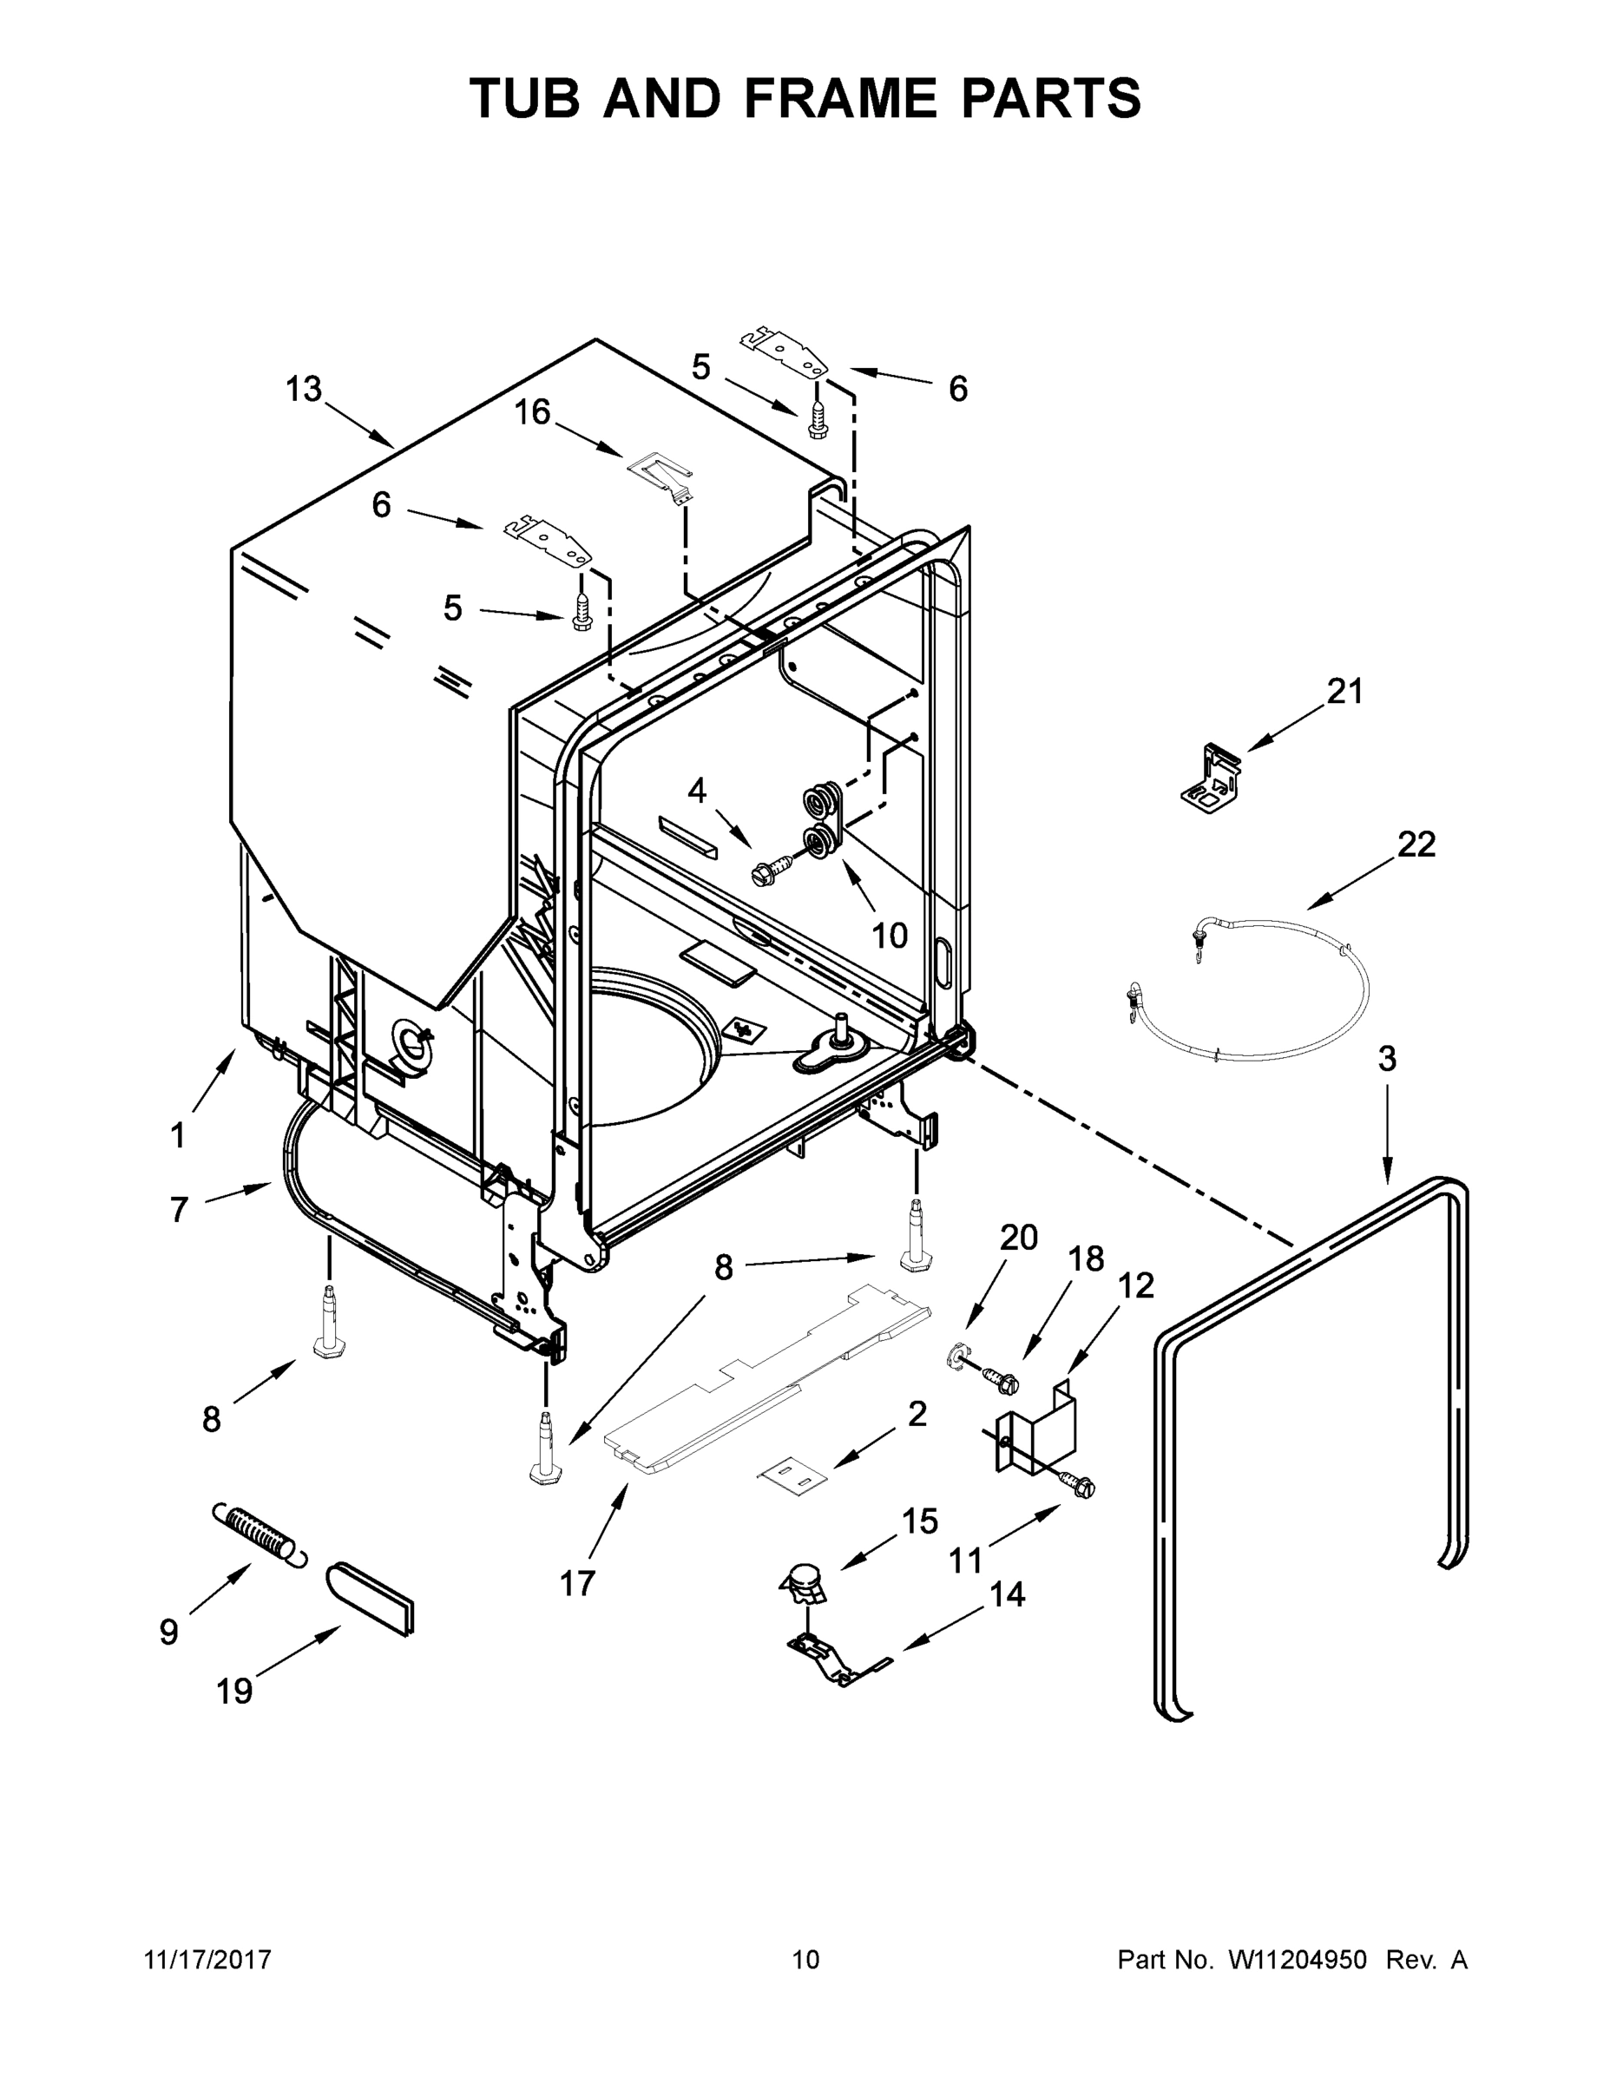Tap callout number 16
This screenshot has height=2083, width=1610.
(x=532, y=412)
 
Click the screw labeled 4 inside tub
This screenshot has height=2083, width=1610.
(x=773, y=866)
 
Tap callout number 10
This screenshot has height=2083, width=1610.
(x=889, y=936)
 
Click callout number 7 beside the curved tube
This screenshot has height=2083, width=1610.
(x=180, y=1209)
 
